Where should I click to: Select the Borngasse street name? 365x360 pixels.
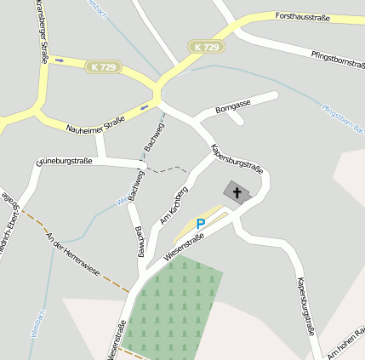click(x=233, y=106)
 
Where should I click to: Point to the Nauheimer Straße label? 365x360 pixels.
click(x=95, y=123)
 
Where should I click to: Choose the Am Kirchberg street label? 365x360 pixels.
click(x=174, y=205)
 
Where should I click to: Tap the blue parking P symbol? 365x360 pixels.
click(x=201, y=224)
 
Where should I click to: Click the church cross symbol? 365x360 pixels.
click(x=237, y=192)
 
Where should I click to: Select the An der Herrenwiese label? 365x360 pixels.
click(x=73, y=254)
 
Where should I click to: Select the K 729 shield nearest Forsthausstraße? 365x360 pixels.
click(x=206, y=46)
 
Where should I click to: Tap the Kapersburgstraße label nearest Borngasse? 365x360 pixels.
click(x=236, y=158)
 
